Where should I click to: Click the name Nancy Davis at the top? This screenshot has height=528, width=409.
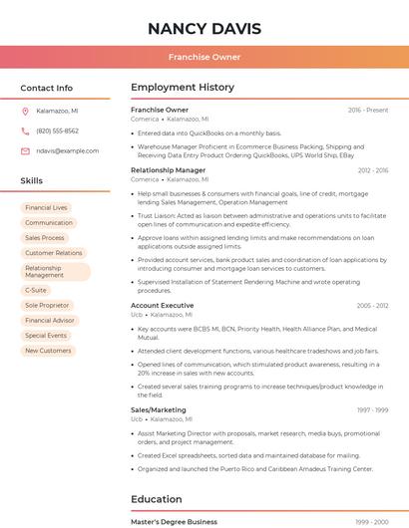point(204,29)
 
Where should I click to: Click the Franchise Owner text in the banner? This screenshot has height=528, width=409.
point(204,58)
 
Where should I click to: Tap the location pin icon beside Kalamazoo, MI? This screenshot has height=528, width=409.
point(25,112)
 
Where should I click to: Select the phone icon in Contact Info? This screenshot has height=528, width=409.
point(25,131)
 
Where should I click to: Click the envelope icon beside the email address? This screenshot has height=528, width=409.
point(25,150)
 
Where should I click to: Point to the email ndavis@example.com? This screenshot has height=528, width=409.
point(61,150)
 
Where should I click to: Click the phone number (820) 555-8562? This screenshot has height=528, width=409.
point(57,131)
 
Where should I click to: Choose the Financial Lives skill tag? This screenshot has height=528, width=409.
point(47,207)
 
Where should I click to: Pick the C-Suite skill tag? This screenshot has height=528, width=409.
point(36,290)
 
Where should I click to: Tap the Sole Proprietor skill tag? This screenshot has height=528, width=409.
point(47,305)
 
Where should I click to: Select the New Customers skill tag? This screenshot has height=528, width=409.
point(48,351)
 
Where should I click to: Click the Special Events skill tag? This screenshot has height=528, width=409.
point(46,336)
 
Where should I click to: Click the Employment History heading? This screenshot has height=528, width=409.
point(183,88)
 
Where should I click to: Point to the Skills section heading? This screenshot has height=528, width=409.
point(32,181)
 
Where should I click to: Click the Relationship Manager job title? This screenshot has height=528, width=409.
point(168,170)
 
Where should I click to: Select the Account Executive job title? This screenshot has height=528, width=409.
point(162,306)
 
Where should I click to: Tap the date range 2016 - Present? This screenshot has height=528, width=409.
point(368,110)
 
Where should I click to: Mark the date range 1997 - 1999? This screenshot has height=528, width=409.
point(372,410)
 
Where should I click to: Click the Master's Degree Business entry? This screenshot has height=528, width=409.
point(174,521)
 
